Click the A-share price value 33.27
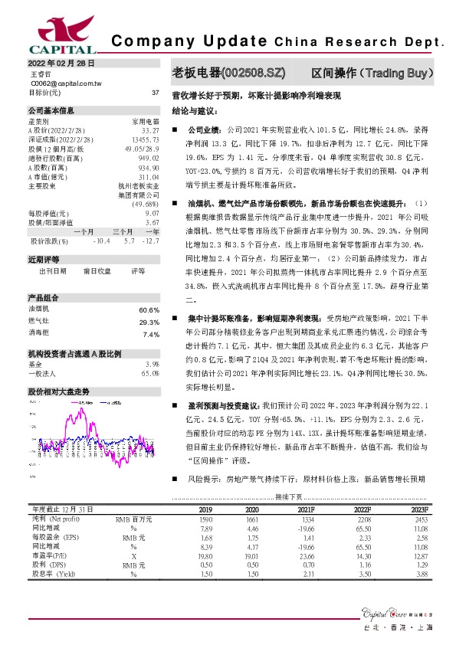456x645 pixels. pyautogui.click(x=150, y=131)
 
